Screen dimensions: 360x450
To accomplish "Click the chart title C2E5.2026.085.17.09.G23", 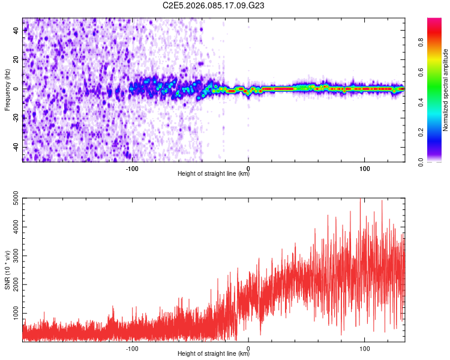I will click(x=214, y=5).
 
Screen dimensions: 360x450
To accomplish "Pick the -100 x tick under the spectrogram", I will click(x=132, y=168).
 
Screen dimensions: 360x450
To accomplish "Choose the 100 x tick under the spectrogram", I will click(x=364, y=168).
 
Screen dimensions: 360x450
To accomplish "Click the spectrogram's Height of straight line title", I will click(x=214, y=174).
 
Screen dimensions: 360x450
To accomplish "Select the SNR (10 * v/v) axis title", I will click(x=7, y=270).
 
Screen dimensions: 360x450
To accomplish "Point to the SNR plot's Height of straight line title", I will click(x=214, y=354).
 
